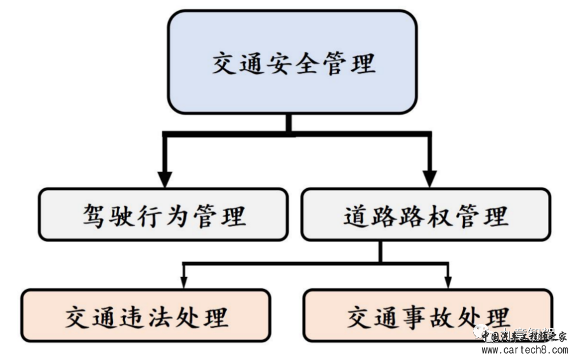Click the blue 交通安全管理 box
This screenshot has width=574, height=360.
point(292,62)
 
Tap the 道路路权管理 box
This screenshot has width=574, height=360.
point(426,214)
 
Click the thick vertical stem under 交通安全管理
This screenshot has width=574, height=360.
point(289,124)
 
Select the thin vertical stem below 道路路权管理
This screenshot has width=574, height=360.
point(381,251)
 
